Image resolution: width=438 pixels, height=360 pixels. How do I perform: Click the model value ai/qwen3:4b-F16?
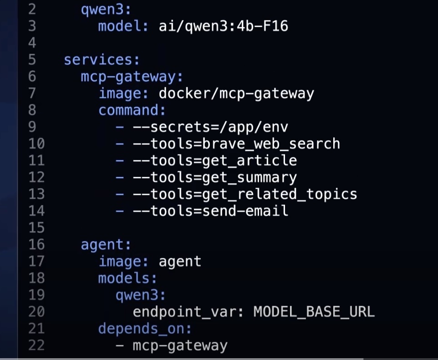click(x=223, y=26)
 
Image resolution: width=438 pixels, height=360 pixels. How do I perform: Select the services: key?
click(x=102, y=60)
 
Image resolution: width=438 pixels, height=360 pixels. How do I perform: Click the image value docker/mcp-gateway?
click(x=236, y=93)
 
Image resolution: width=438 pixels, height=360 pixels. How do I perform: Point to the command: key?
click(x=132, y=110)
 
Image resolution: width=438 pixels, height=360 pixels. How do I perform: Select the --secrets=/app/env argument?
click(x=210, y=127)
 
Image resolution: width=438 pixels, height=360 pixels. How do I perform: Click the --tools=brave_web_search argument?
click(x=236, y=144)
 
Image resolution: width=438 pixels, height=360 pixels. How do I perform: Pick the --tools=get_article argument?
click(x=215, y=161)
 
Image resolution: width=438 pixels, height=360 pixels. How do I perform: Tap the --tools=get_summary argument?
click(x=215, y=177)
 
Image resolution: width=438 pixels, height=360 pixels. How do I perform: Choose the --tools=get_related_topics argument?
click(x=245, y=194)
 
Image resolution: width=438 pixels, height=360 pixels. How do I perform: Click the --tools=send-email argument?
click(x=210, y=211)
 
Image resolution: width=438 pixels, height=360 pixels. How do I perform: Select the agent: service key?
click(x=106, y=245)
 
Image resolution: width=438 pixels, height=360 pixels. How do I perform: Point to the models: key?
click(x=127, y=278)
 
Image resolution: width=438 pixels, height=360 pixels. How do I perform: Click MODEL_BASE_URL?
click(x=314, y=312)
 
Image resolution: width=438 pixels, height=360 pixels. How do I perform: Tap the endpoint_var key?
click(x=184, y=312)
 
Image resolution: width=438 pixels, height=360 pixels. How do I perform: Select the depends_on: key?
click(x=145, y=329)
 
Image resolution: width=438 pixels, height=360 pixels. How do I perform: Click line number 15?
click(x=36, y=228)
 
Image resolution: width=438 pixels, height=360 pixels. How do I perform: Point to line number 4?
click(x=32, y=43)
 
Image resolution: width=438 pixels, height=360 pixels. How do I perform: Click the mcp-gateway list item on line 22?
click(x=180, y=346)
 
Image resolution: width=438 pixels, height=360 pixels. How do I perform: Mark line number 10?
click(x=36, y=144)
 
